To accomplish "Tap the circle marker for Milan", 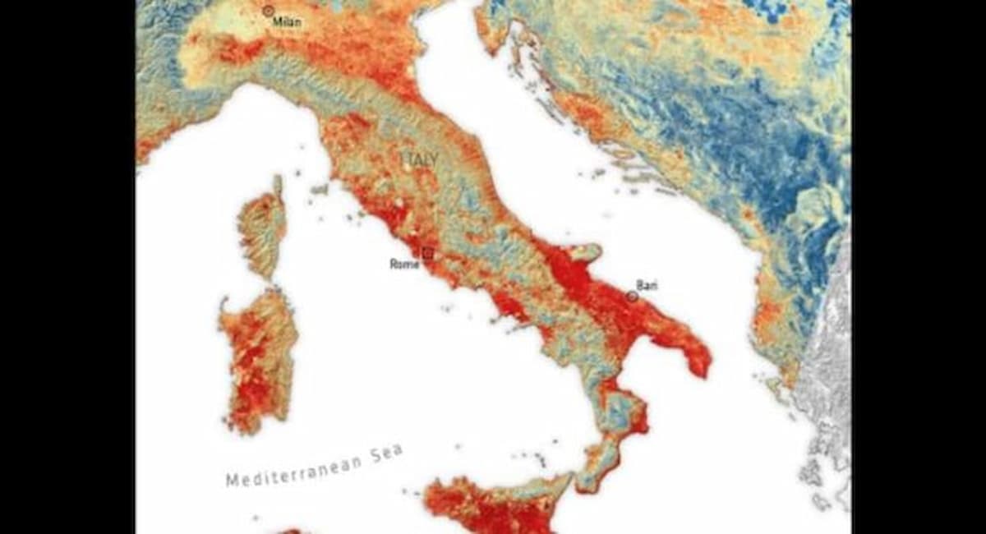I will [x=268, y=11].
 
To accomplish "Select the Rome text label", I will [x=404, y=264].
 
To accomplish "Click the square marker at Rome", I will [x=426, y=253].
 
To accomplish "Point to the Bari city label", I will [x=647, y=285].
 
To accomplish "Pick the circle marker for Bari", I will [x=632, y=296].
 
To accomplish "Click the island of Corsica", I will [x=263, y=228].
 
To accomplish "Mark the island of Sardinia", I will [x=256, y=357].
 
